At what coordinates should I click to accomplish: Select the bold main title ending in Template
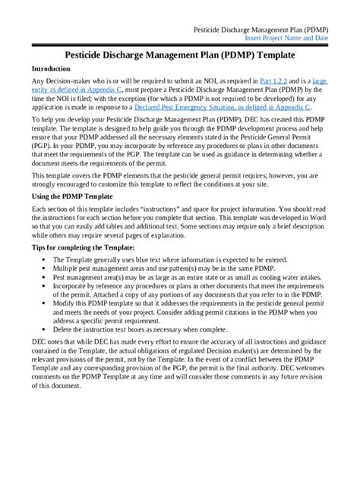(x=179, y=55)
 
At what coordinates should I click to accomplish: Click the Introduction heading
(x=56, y=68)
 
